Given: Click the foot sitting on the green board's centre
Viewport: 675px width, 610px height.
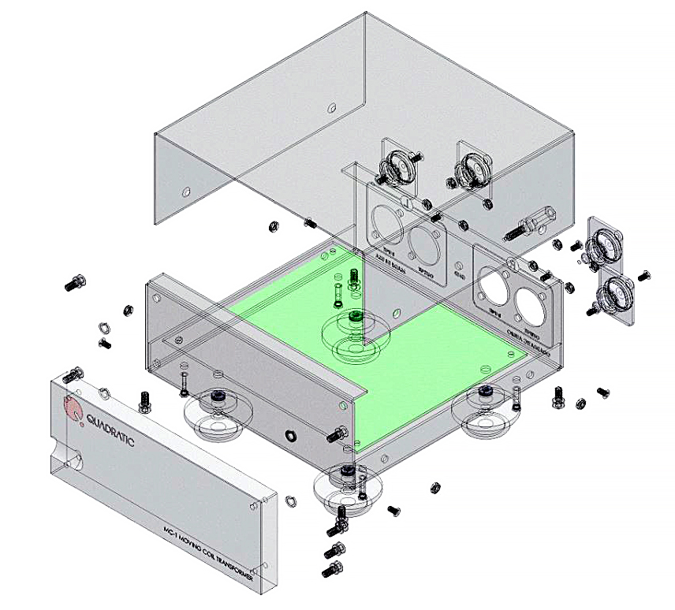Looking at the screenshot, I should pyautogui.click(x=352, y=329).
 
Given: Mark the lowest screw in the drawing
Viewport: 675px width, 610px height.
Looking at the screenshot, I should pyautogui.click(x=331, y=569).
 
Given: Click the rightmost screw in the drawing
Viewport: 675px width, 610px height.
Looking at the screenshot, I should pyautogui.click(x=646, y=273).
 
